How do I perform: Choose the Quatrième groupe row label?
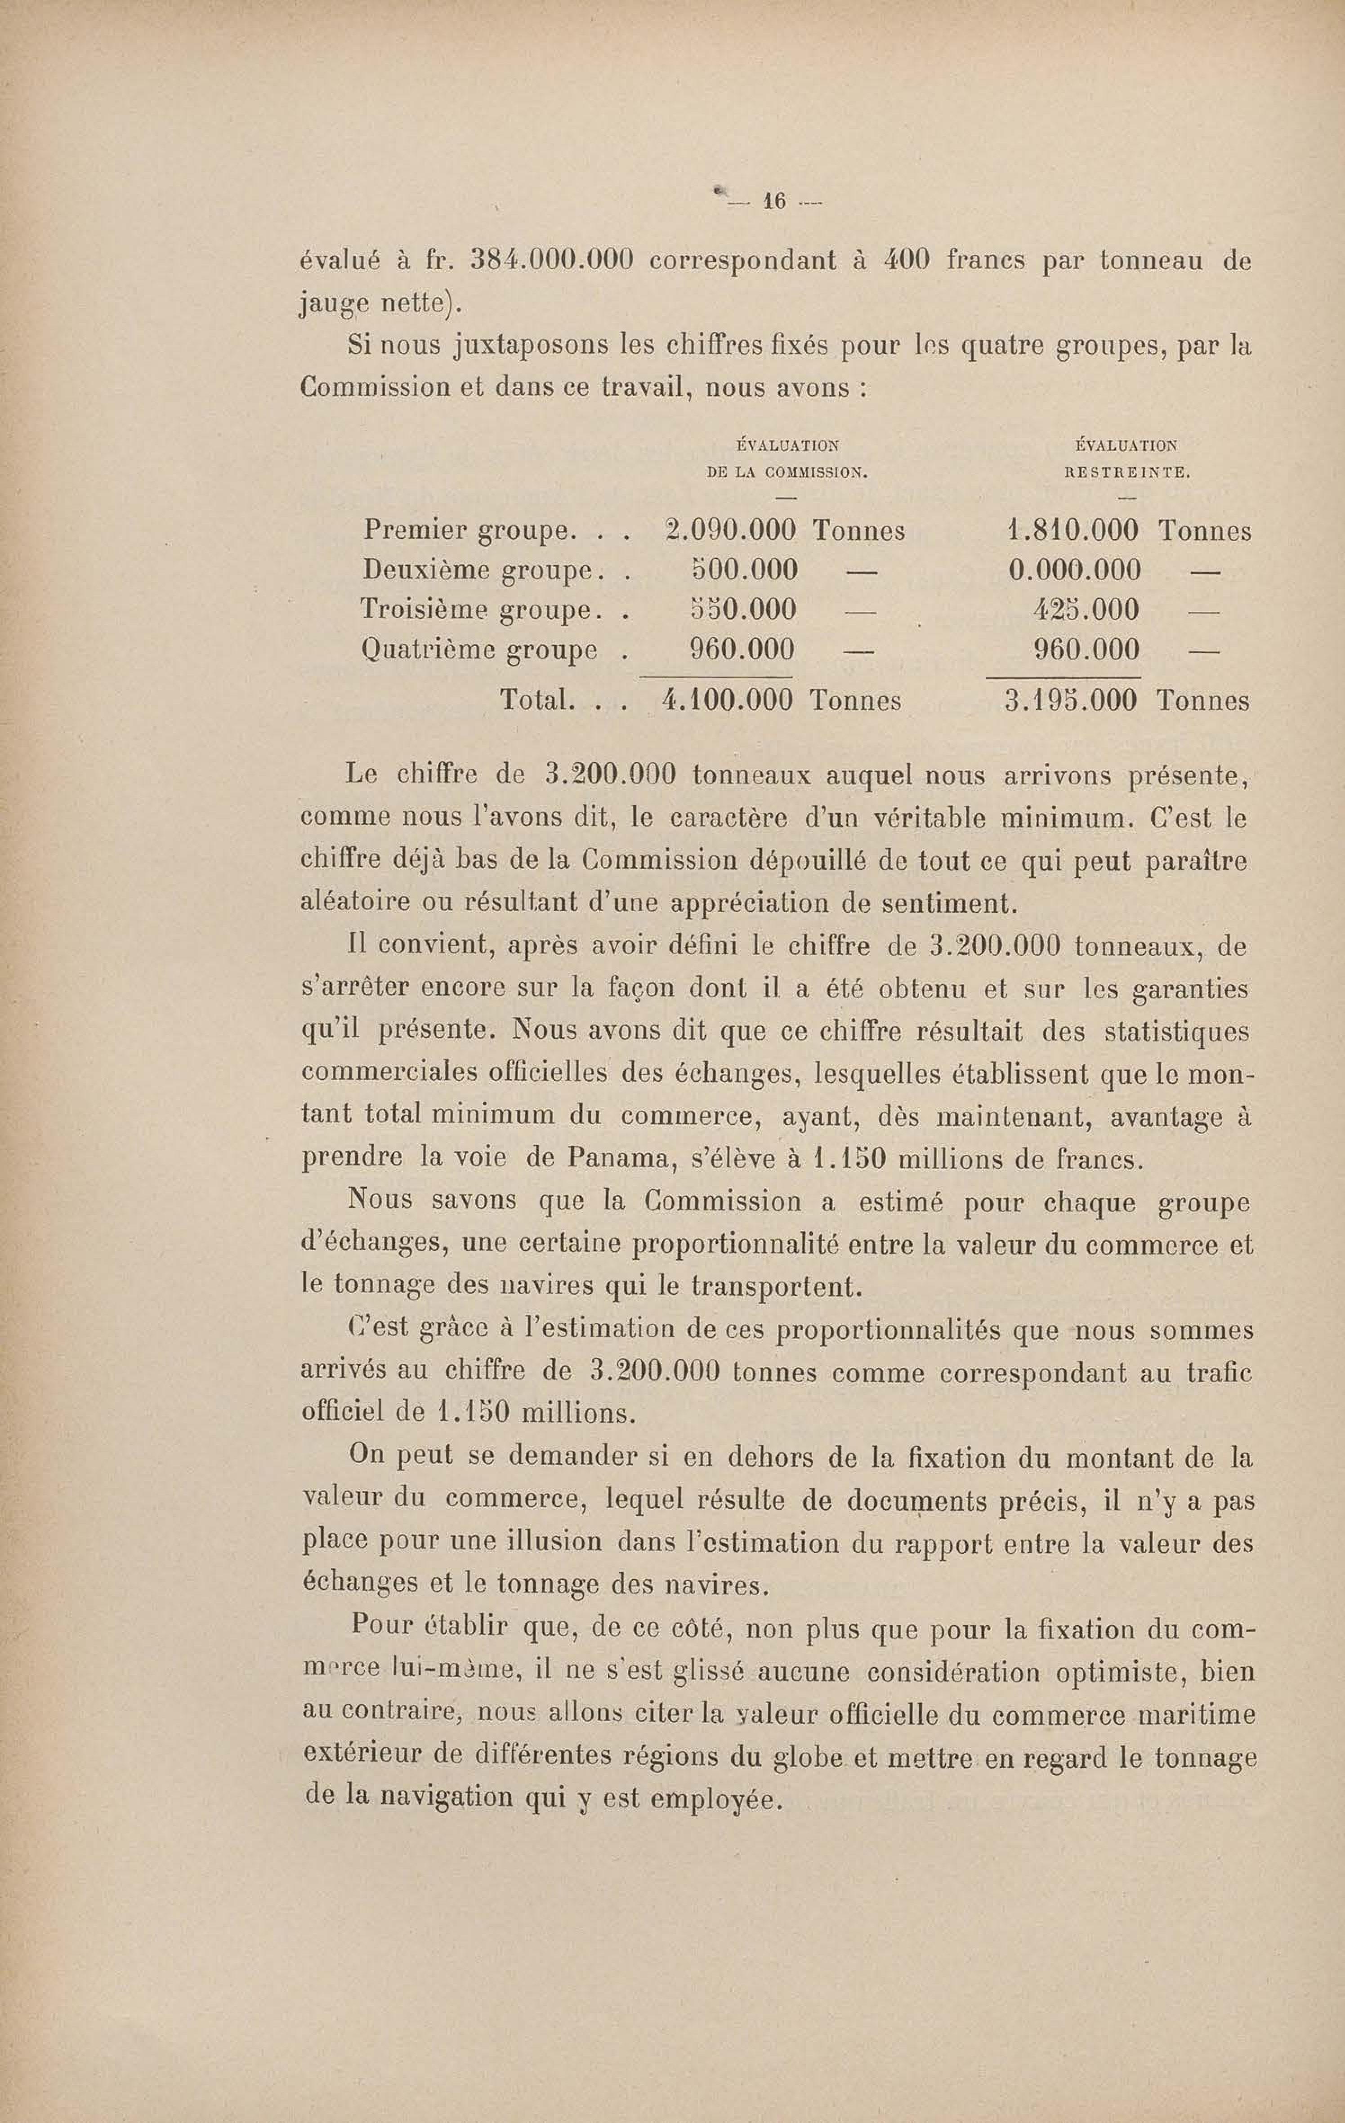pyautogui.click(x=480, y=650)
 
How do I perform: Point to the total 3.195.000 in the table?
pyautogui.click(x=1071, y=701)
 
